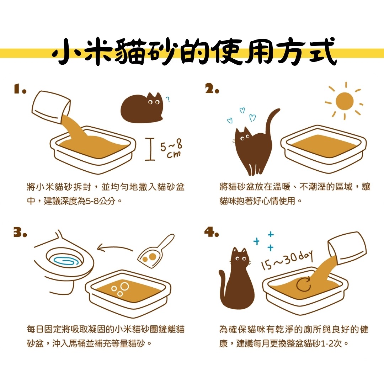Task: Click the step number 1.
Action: click(20, 89)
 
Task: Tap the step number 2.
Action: click(212, 89)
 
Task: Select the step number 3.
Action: click(20, 232)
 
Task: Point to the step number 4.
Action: click(212, 232)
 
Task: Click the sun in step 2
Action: click(344, 101)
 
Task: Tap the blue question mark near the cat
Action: click(168, 99)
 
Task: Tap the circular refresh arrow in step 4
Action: click(304, 284)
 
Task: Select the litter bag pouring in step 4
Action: click(347, 249)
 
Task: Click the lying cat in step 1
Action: click(142, 107)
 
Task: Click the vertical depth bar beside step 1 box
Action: click(150, 149)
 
